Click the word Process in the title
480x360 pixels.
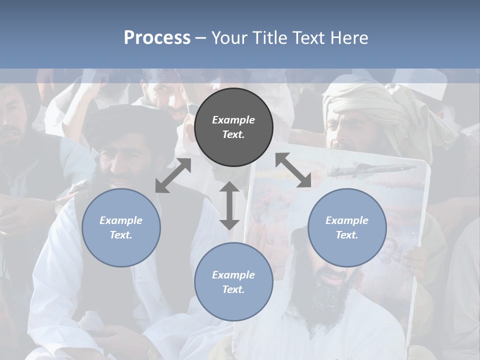(x=157, y=38)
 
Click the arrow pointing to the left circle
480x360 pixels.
(x=173, y=175)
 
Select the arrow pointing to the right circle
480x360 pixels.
(x=293, y=170)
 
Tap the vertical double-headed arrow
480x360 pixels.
(x=229, y=205)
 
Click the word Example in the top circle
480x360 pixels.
(x=233, y=120)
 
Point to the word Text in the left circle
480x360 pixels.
(x=121, y=235)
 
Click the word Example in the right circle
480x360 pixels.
(x=347, y=220)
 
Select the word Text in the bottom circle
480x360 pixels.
(x=233, y=289)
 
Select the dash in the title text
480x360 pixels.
(x=200, y=38)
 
